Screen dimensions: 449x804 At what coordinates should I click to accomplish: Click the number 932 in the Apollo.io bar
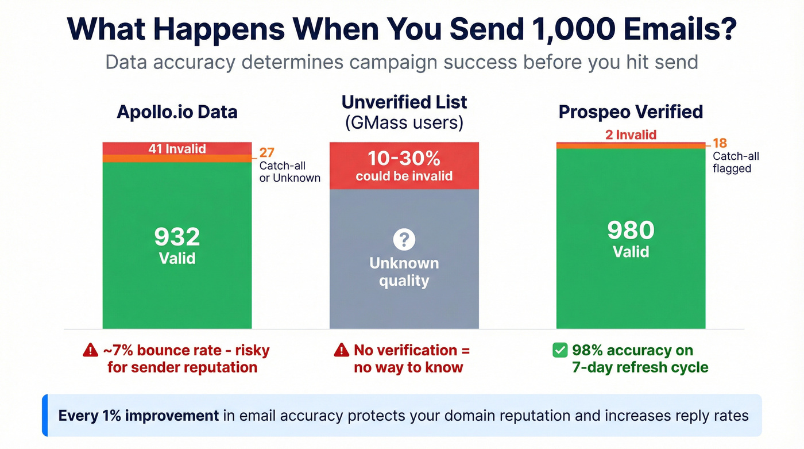coord(177,237)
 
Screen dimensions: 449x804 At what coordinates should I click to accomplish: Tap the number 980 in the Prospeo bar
coord(631,231)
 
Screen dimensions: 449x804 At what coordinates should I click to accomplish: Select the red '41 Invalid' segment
coord(177,148)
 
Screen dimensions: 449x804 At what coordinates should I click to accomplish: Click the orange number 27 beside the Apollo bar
coord(266,153)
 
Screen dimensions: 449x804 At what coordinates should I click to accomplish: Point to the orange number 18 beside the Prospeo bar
coord(720,144)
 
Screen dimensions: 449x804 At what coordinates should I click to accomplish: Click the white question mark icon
coord(404,239)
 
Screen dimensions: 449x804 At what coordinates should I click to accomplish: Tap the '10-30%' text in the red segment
coord(404,159)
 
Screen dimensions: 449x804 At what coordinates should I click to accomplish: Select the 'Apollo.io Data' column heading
coord(177,111)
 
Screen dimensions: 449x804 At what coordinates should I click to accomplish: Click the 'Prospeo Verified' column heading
coord(631,111)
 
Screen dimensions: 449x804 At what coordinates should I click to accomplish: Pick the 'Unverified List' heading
coord(404,102)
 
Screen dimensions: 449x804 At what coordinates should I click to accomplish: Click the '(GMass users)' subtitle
coord(404,122)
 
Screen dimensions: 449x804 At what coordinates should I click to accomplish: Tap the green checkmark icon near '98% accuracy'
coord(560,350)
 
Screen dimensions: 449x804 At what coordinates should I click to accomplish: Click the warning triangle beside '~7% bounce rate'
coord(90,350)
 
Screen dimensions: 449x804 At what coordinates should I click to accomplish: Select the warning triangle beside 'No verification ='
coord(341,350)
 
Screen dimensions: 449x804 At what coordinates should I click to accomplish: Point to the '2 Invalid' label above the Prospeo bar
coord(631,135)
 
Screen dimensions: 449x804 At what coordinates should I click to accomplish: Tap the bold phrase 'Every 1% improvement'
coord(138,415)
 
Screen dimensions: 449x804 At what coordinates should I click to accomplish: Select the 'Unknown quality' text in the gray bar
coord(404,272)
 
